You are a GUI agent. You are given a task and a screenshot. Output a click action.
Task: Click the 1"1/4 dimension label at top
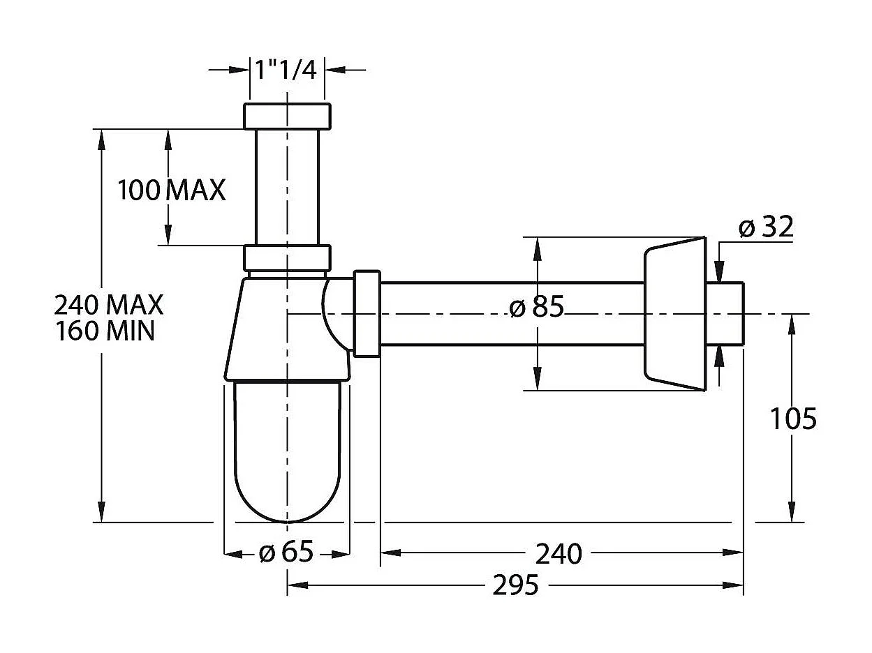286,70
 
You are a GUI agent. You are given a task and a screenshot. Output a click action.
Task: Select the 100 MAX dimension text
172,190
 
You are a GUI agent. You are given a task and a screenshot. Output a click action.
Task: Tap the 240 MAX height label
109,305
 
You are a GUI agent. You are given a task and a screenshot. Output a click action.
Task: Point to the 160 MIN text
105,331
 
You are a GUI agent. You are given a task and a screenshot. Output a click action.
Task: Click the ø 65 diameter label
286,553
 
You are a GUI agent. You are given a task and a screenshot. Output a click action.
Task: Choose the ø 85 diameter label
536,308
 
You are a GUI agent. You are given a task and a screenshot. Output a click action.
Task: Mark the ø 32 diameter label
766,227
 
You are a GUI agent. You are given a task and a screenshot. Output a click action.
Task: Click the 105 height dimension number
792,419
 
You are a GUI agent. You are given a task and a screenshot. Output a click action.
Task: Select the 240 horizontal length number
559,554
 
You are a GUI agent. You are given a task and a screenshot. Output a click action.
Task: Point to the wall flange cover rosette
673,314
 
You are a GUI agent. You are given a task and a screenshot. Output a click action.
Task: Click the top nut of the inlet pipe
287,116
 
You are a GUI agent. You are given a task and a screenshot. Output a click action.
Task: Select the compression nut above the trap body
287,258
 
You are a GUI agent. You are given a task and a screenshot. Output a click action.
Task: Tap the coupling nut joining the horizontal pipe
367,314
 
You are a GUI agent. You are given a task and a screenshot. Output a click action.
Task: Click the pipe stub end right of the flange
726,314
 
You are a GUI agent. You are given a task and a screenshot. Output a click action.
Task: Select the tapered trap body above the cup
279,328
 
